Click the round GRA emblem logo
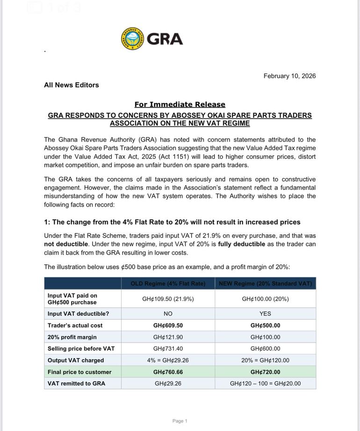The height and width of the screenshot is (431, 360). (132, 38)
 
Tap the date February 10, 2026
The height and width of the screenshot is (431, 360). (289, 76)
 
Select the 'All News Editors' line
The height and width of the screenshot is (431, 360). (72, 85)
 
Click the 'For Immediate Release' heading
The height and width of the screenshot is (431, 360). (180, 104)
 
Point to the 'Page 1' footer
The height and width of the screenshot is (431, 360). (180, 421)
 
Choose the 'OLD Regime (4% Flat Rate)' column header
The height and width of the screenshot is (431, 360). (168, 284)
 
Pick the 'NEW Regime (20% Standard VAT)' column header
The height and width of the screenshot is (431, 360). (265, 284)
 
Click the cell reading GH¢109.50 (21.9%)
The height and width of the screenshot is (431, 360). (168, 299)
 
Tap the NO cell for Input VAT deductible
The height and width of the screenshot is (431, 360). (168, 314)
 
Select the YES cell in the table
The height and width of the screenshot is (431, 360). (265, 314)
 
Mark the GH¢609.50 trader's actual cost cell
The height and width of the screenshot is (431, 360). (168, 325)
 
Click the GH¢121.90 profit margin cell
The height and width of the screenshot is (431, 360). (168, 337)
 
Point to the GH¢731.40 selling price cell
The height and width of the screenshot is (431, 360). (168, 349)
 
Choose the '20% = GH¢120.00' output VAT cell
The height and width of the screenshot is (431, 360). (265, 360)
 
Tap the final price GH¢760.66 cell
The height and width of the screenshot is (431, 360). (168, 372)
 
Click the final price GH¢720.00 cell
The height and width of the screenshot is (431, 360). (265, 372)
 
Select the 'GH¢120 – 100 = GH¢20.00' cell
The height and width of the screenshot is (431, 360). (265, 383)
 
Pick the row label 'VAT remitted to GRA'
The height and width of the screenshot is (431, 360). (76, 383)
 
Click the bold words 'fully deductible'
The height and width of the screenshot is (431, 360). (241, 244)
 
